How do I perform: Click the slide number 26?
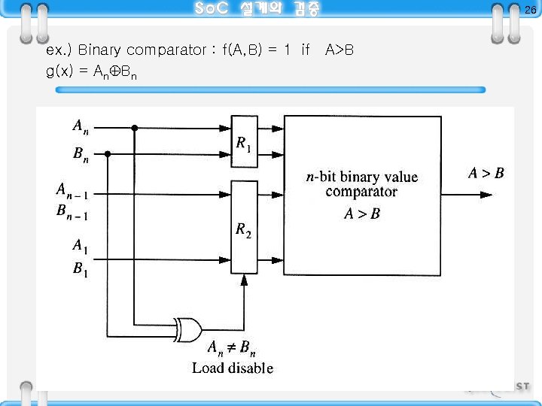[530, 10]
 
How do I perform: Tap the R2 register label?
[243, 230]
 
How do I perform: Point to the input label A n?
[80, 126]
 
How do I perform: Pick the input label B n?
[80, 155]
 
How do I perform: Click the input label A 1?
[79, 246]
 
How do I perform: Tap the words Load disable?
[232, 368]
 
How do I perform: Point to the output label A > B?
[486, 174]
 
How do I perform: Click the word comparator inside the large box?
[361, 192]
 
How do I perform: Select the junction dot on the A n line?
[135, 127]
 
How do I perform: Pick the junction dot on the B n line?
[108, 154]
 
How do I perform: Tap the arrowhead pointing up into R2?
[244, 280]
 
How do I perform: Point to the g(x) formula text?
[91, 73]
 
